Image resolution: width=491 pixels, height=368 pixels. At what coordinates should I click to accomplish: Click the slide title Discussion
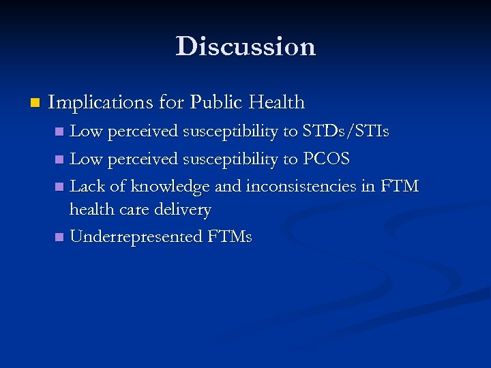(245, 46)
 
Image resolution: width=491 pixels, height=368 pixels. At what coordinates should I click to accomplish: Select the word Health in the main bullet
(276, 103)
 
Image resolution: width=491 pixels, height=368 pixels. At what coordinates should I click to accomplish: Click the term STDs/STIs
(346, 132)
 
